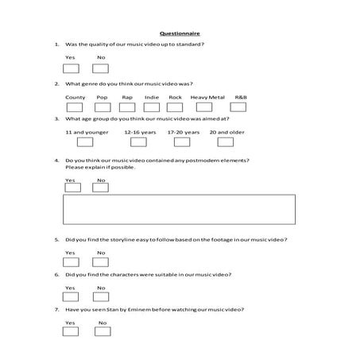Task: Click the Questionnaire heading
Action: (x=180, y=33)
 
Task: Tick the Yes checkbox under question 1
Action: (x=71, y=68)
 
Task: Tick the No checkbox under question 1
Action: (x=101, y=68)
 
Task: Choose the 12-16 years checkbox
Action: (x=138, y=142)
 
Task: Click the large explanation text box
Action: (x=179, y=209)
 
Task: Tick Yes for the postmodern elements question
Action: (x=71, y=187)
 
